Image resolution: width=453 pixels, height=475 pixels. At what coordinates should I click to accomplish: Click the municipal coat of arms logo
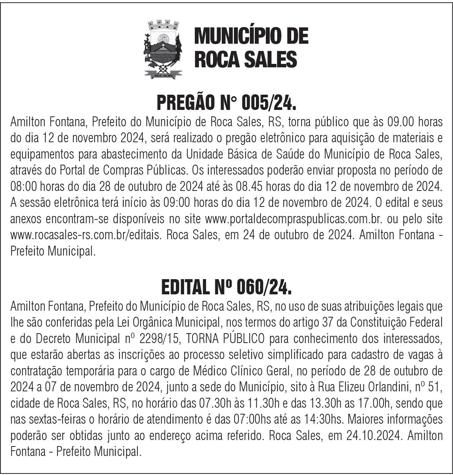[163, 49]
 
